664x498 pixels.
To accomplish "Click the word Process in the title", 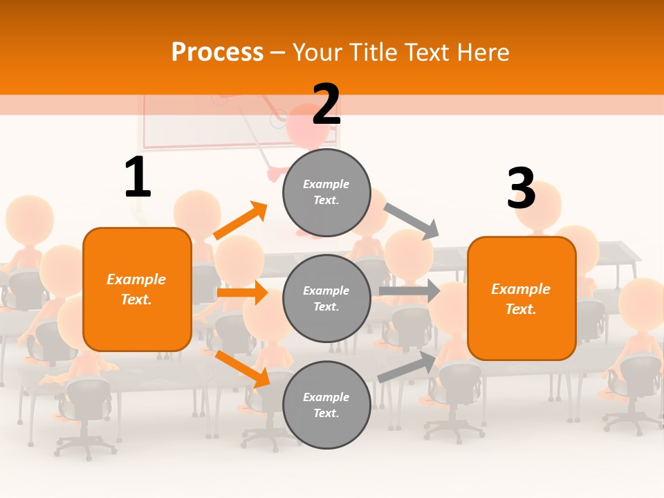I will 217,53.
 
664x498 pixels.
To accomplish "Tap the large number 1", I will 138,178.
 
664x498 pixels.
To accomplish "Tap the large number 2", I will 326,104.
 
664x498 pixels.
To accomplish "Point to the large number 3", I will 521,189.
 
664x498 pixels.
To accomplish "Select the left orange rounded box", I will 137,289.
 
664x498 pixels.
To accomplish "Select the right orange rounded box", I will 522,299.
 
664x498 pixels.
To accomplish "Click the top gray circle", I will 326,192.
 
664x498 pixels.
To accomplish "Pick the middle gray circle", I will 326,299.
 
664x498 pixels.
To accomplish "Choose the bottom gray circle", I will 326,405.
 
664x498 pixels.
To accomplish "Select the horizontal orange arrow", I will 242,293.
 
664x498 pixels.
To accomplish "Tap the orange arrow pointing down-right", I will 242,369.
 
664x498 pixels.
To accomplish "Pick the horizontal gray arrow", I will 409,291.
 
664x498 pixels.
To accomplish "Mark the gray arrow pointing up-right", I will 407,367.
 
